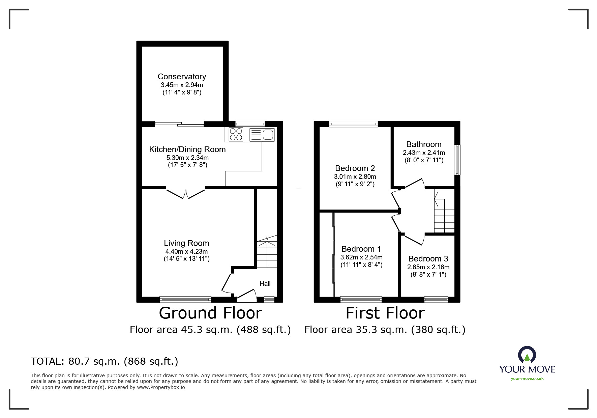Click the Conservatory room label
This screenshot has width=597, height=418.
(x=182, y=77)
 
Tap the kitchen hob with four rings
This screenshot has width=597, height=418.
(x=236, y=134)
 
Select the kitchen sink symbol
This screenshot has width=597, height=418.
(x=262, y=135)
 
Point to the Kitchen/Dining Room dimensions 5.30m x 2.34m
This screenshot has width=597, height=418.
(x=187, y=158)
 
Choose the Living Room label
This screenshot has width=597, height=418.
(x=186, y=243)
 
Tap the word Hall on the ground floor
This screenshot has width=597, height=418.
(x=265, y=283)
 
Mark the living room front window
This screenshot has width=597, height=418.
(x=185, y=299)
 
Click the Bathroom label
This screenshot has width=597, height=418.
(x=424, y=144)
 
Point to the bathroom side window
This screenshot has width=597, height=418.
(x=457, y=160)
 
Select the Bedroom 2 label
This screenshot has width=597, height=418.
(x=355, y=168)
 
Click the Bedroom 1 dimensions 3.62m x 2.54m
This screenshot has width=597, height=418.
(x=361, y=257)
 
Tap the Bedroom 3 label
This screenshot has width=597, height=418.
(x=428, y=259)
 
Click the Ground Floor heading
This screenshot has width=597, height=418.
(x=210, y=313)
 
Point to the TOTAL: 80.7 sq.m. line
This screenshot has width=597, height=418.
(x=105, y=361)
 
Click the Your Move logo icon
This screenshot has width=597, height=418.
(x=527, y=355)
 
